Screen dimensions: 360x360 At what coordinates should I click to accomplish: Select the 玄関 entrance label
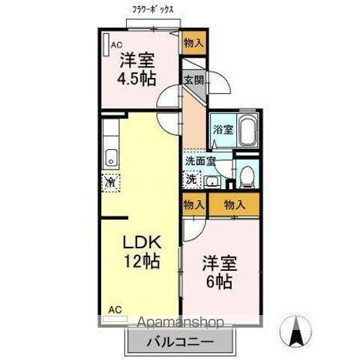193,80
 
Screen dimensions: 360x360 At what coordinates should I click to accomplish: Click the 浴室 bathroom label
221,129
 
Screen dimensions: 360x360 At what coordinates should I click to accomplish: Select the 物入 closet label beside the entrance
193,43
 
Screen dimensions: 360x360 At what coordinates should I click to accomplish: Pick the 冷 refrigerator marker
110,181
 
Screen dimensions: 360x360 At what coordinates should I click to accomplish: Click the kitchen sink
111,157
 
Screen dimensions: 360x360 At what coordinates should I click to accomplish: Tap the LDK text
141,244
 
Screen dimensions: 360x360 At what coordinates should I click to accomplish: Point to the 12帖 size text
141,262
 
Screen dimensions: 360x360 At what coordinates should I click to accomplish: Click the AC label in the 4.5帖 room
117,45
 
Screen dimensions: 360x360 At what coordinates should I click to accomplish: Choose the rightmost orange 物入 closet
235,204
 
